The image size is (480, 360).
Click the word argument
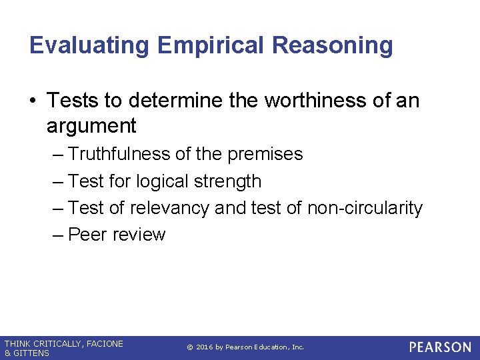91,125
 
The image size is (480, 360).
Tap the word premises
265,154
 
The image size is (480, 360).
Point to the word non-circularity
365,208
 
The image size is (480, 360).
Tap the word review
139,235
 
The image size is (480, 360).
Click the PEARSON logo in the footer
440,347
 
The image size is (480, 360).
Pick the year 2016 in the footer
205,347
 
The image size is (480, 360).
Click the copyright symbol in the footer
189,347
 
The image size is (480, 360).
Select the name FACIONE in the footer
104,343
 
